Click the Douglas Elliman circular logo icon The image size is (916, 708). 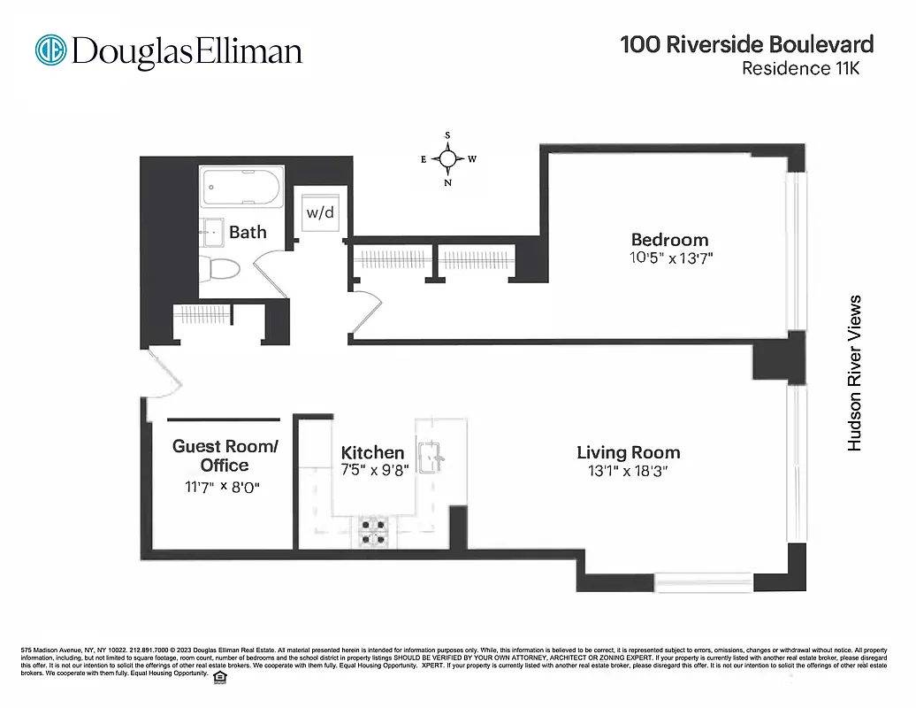coord(51,50)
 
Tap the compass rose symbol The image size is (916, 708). coord(448,159)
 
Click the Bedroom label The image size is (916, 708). coord(669,240)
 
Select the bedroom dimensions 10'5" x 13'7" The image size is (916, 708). coord(669,258)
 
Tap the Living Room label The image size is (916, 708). coord(629,453)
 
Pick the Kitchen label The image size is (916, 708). coord(372,453)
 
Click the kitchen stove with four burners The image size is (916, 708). coord(373,531)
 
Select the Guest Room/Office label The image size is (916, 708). coord(225,456)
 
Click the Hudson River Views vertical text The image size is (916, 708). coord(854,373)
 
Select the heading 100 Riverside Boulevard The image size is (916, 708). coord(746,44)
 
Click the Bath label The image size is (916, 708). coord(248,232)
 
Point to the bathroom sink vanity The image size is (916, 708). coord(212,231)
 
